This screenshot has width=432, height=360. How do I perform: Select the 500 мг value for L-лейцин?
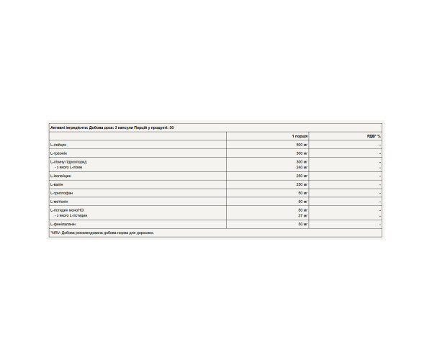click(x=301, y=145)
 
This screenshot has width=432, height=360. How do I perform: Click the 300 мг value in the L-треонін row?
click(x=301, y=153)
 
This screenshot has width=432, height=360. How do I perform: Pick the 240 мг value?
click(x=301, y=167)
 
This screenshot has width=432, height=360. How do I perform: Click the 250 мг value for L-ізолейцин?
click(x=301, y=176)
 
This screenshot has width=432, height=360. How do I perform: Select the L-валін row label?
click(x=57, y=184)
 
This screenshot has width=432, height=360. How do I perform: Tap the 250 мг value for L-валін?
click(x=301, y=184)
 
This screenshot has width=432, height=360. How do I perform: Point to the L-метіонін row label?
click(x=60, y=202)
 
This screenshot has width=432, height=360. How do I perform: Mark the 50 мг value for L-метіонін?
click(x=302, y=202)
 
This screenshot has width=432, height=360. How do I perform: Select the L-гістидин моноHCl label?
click(x=68, y=210)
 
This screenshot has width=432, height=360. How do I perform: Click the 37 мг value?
click(x=302, y=215)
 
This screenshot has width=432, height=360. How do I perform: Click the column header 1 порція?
click(x=300, y=136)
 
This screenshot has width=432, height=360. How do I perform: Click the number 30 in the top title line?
click(x=171, y=127)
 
